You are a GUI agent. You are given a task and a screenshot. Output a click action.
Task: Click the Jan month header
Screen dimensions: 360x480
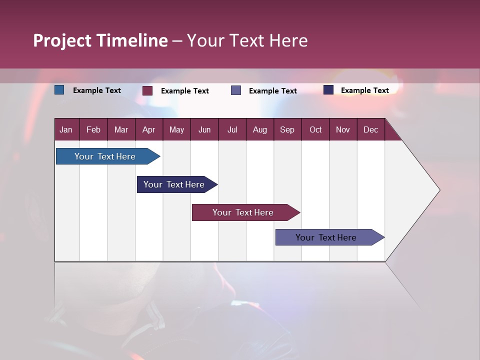[x=66, y=130]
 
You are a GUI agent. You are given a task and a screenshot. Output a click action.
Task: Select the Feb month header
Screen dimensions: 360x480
[x=93, y=130]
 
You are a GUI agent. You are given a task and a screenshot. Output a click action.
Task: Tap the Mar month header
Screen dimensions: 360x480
[x=121, y=130]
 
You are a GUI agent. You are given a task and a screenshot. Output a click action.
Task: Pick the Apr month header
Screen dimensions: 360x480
[x=149, y=130]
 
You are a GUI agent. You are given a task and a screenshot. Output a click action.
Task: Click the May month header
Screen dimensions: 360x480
[x=176, y=130]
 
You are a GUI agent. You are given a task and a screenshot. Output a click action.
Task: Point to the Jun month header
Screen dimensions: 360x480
[x=204, y=130]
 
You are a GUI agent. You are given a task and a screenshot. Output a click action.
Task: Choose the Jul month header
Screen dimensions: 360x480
[x=232, y=130]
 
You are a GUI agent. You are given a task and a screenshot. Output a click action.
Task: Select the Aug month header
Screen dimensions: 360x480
[x=260, y=130]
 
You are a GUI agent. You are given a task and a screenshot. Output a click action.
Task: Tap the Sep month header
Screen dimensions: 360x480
[x=287, y=130]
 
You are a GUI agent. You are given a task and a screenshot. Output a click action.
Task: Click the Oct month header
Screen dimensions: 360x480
[x=315, y=130]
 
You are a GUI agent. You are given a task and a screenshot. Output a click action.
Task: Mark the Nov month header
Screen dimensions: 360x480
[x=343, y=130]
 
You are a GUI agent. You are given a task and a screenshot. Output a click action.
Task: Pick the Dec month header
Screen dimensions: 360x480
[x=371, y=130]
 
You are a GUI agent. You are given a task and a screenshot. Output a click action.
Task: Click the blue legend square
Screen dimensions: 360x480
[x=59, y=90]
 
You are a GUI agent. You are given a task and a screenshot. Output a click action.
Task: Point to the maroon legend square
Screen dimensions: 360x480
[x=147, y=90]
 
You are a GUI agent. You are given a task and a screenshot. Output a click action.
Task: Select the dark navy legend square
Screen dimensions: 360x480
[x=328, y=90]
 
